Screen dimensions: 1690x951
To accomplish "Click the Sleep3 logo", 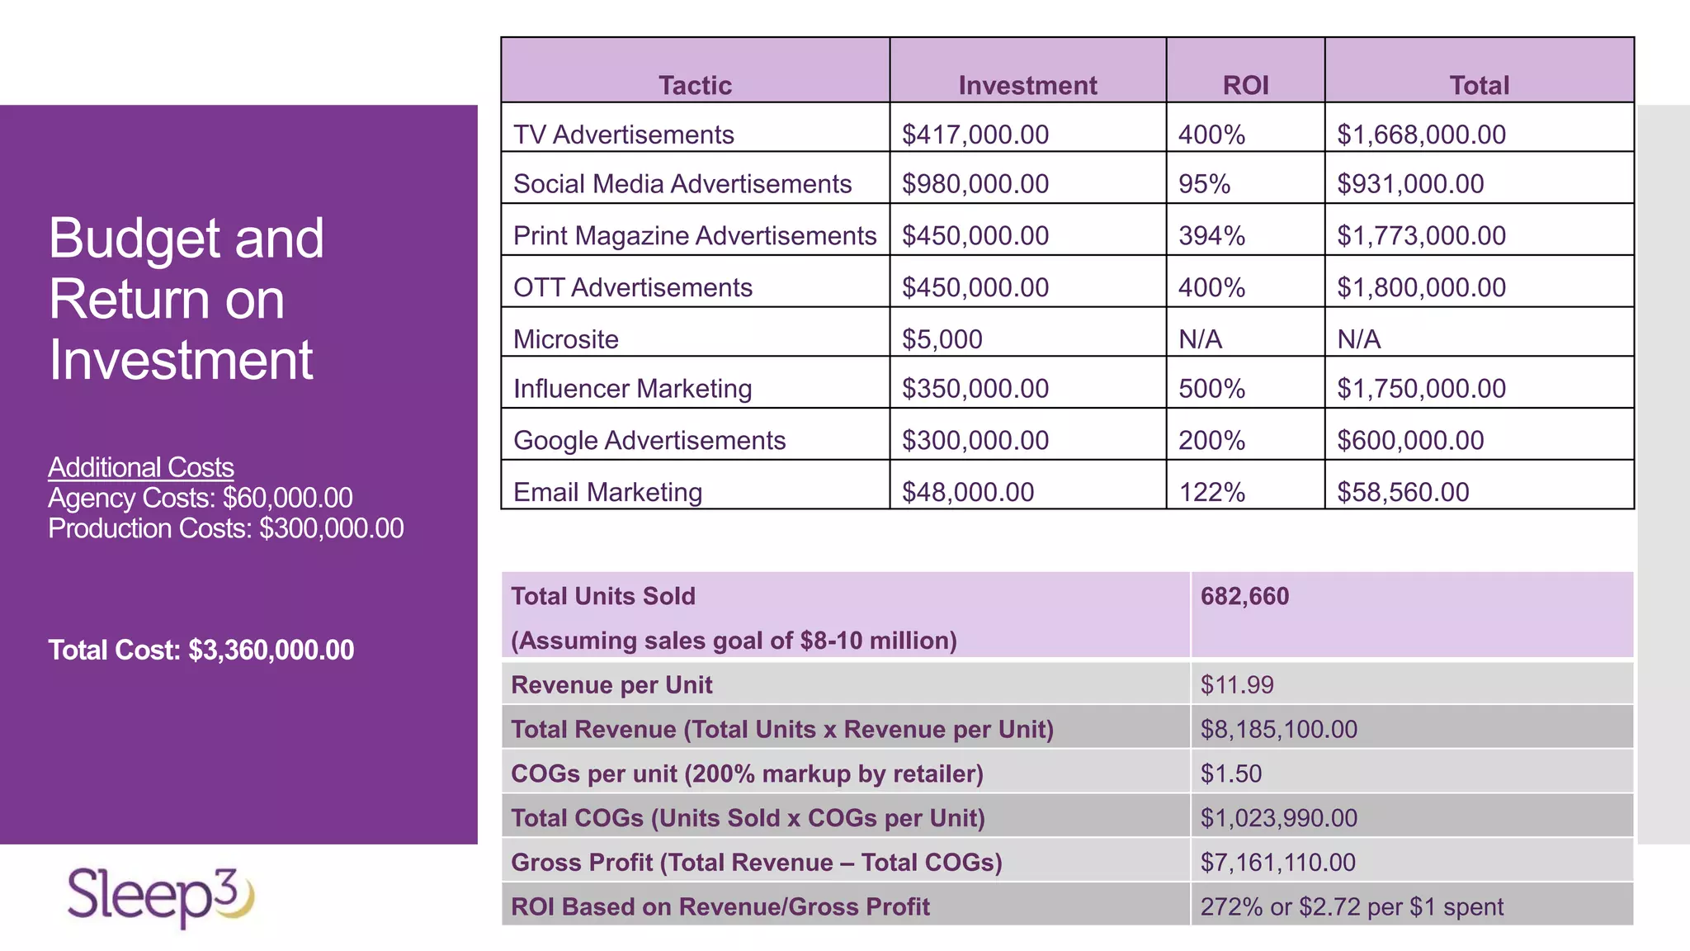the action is coord(161,897).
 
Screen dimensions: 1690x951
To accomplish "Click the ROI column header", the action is coord(1245,85).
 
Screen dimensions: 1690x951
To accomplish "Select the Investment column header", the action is coord(1027,85).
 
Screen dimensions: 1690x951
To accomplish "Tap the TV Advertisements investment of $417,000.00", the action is coord(975,135).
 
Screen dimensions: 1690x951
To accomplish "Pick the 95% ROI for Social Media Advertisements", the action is coord(1204,184).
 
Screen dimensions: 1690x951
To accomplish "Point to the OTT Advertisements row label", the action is coord(632,287).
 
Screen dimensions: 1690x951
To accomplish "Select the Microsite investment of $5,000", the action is coord(942,339).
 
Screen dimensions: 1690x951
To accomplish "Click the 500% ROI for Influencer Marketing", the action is coord(1211,389).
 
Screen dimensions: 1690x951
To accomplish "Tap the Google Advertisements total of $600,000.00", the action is coord(1410,441).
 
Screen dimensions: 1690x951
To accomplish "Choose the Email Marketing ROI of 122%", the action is coord(1211,493).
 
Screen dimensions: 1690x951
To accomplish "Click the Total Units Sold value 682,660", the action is coord(1244,596).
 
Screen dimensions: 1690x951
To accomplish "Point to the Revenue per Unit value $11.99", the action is coord(1236,685).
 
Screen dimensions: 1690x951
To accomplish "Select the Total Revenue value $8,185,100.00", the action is coord(1278,730).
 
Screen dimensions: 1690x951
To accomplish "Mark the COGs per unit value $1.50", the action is coord(1230,774).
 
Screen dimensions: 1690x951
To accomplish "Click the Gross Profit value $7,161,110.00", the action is coord(1277,863).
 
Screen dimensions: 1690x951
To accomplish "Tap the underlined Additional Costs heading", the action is coord(141,467).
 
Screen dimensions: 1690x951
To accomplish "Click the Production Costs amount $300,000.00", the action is coord(332,528).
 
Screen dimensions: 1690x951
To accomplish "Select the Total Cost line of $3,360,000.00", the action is coord(201,651).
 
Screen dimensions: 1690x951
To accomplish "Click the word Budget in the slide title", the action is coord(133,239).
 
